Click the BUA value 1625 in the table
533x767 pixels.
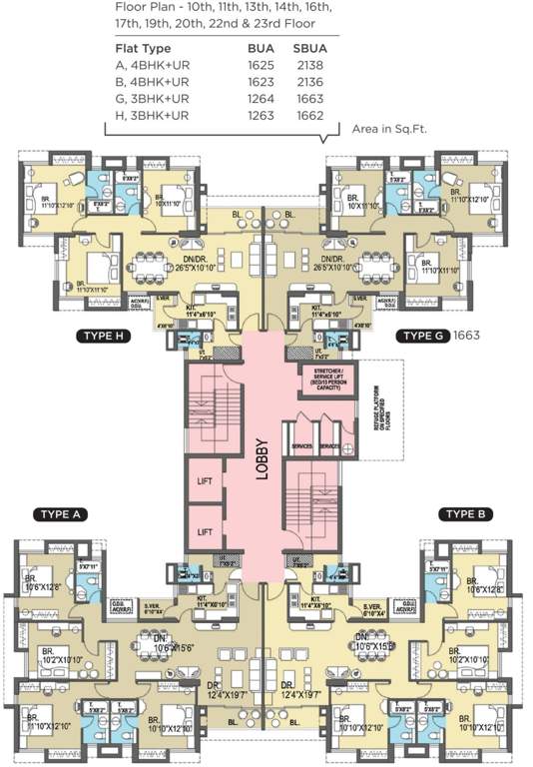(x=262, y=64)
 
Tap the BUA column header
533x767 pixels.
(x=260, y=47)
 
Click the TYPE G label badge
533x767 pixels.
(x=422, y=336)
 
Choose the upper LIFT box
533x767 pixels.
(x=203, y=481)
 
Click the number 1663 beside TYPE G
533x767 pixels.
(x=467, y=336)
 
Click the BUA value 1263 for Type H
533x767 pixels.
(x=262, y=115)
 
